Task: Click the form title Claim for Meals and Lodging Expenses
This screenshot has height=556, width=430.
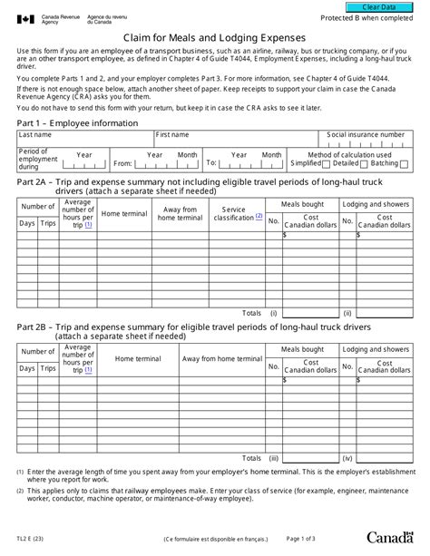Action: click(215, 38)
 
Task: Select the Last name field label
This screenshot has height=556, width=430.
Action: click(37, 133)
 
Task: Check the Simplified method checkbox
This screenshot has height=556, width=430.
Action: click(327, 164)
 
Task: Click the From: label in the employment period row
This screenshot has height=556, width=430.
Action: click(122, 164)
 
